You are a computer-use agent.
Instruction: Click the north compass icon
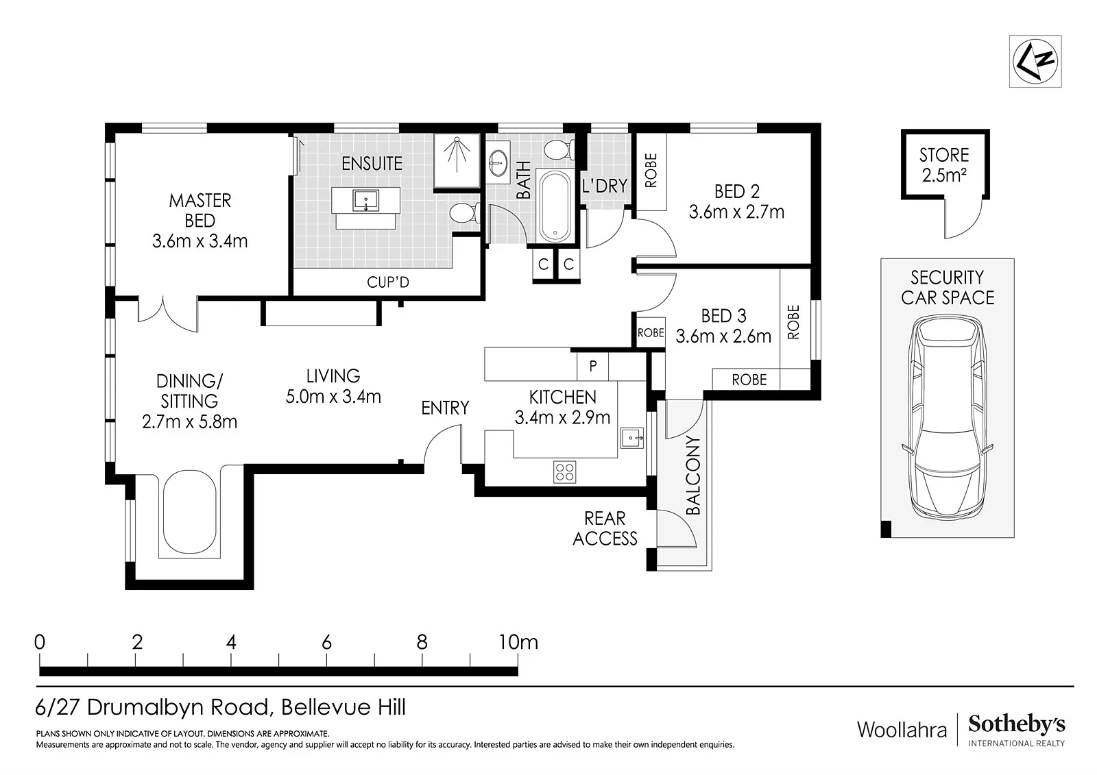pyautogui.click(x=1035, y=61)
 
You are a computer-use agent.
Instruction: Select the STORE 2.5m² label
pyautogui.click(x=943, y=165)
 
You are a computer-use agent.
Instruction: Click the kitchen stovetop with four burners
pyautogui.click(x=565, y=472)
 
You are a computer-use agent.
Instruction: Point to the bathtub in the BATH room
pyautogui.click(x=555, y=206)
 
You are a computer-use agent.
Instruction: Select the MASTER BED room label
pyautogui.click(x=200, y=210)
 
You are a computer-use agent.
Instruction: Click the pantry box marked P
pyautogui.click(x=592, y=365)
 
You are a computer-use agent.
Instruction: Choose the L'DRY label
pyautogui.click(x=604, y=186)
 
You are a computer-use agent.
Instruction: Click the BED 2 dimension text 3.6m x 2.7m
pyautogui.click(x=736, y=212)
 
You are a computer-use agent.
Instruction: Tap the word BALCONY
pyautogui.click(x=693, y=475)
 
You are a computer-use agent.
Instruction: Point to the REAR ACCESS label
pyautogui.click(x=605, y=528)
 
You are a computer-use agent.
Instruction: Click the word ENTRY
pyautogui.click(x=445, y=408)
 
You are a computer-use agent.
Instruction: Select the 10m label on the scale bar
pyautogui.click(x=518, y=642)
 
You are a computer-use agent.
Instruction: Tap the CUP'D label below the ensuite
pyautogui.click(x=388, y=282)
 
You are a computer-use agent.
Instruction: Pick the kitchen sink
pyautogui.click(x=631, y=438)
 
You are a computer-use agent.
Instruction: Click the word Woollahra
pyautogui.click(x=902, y=730)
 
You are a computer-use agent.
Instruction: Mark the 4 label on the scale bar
pyautogui.click(x=231, y=642)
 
